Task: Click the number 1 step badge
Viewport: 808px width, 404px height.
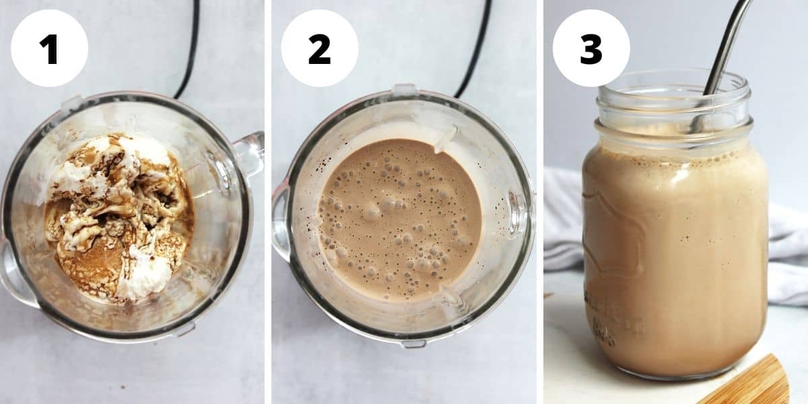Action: coord(49,48)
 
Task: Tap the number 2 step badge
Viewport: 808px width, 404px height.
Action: coord(319,48)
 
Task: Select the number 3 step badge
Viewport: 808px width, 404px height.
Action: coord(591,48)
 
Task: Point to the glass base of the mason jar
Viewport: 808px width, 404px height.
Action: coord(673,370)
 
